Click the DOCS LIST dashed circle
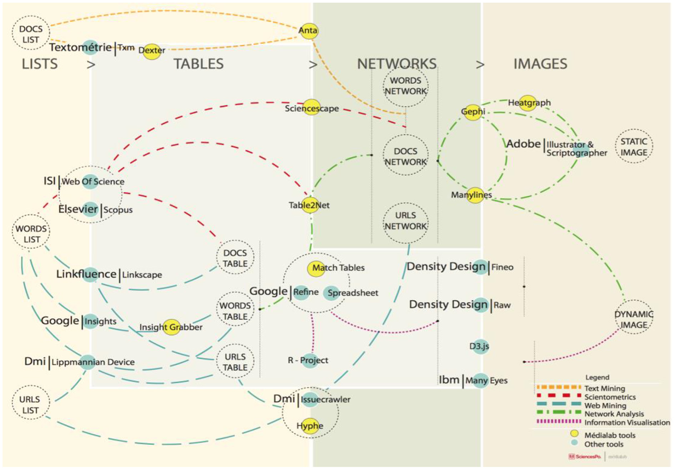click(x=30, y=34)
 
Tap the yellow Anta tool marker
click(x=308, y=30)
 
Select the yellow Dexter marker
click(x=152, y=50)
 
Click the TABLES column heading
click(x=198, y=64)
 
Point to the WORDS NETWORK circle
click(x=405, y=86)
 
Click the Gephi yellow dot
click(x=473, y=112)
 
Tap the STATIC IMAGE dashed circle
click(x=633, y=147)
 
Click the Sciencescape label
click(x=312, y=108)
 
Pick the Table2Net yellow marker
click(x=310, y=205)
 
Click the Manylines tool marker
click(x=475, y=195)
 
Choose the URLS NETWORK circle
click(x=405, y=221)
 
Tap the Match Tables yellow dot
click(x=316, y=268)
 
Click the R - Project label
click(x=308, y=360)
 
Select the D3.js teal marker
click(x=480, y=346)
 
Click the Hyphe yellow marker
click(x=309, y=425)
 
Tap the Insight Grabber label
click(x=171, y=327)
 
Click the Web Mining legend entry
click(x=605, y=406)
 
